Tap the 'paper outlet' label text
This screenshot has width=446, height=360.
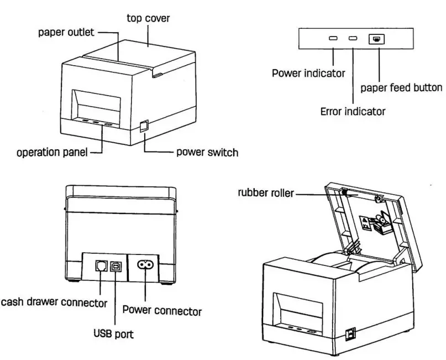66,32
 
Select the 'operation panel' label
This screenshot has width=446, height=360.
52,153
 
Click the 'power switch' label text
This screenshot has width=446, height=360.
207,152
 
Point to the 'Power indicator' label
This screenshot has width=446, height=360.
308,73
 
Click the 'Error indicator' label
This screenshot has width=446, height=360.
353,111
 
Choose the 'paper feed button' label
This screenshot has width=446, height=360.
401,87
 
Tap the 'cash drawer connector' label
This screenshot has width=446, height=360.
54,302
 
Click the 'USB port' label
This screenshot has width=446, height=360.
113,334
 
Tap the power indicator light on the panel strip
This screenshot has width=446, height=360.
333,39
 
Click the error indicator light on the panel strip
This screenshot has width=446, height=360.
353,39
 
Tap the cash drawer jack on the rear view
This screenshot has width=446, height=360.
100,265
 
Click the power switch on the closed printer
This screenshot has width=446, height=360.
144,126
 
